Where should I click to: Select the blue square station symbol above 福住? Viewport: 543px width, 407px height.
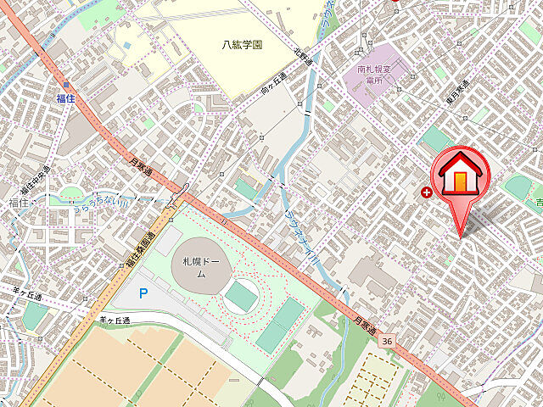(65, 86)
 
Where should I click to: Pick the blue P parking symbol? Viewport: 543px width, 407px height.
(143, 293)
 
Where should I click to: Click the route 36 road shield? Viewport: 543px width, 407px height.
(387, 340)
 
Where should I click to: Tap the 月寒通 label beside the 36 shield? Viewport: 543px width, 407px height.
(365, 325)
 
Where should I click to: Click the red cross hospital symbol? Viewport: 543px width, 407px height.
(426, 192)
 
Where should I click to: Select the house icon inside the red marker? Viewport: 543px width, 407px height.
(459, 173)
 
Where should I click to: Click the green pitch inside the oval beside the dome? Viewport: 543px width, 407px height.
(242, 295)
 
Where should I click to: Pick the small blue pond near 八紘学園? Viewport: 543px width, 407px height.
(126, 45)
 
